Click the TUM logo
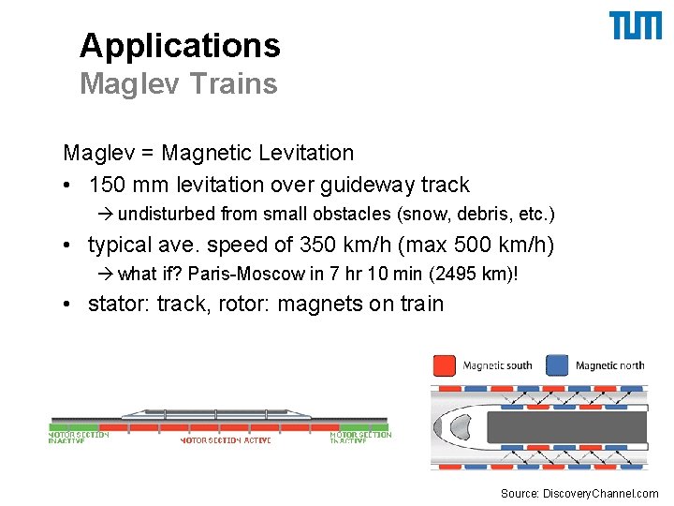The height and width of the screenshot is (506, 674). coord(636,25)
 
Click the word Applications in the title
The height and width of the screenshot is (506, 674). coord(180,45)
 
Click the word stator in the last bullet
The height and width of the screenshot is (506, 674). coord(117,304)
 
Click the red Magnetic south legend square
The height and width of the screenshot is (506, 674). coord(446,365)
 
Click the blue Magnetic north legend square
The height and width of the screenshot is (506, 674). coord(558,365)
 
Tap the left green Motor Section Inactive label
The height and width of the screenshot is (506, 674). coord(79,438)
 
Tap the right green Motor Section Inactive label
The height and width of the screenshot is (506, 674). coord(360,438)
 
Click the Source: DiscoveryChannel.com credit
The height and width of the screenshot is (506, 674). coord(579,493)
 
